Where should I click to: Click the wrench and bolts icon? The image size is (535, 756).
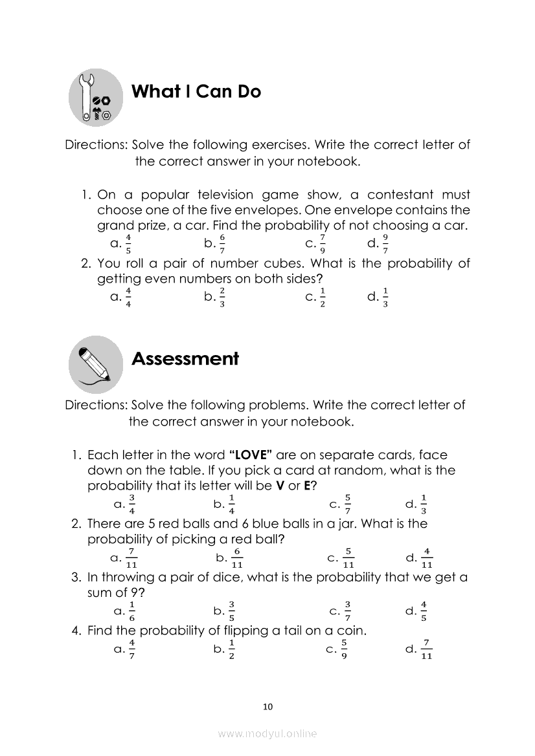click(96, 98)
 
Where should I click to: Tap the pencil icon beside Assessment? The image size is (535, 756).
click(95, 364)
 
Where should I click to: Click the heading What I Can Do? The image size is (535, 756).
click(196, 92)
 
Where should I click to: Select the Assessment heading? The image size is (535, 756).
click(185, 359)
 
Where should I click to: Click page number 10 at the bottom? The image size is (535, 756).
click(268, 706)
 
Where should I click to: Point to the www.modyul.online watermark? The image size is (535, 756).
click(267, 733)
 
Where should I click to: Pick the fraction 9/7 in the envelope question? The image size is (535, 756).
click(385, 243)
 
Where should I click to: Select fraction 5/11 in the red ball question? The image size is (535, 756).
click(348, 557)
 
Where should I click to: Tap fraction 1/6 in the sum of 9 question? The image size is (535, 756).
click(132, 610)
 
